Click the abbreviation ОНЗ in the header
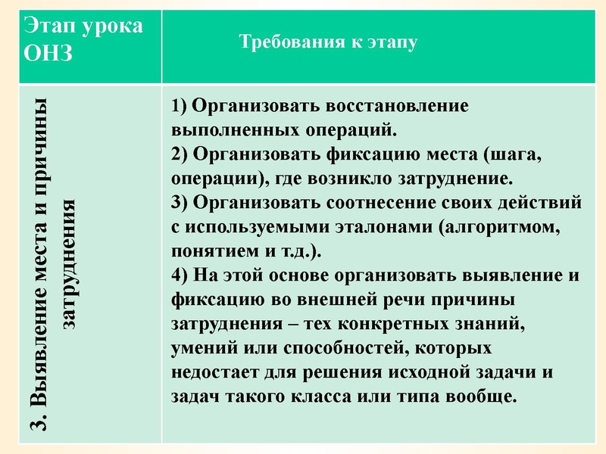coord(48,55)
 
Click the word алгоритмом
coord(501,227)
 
